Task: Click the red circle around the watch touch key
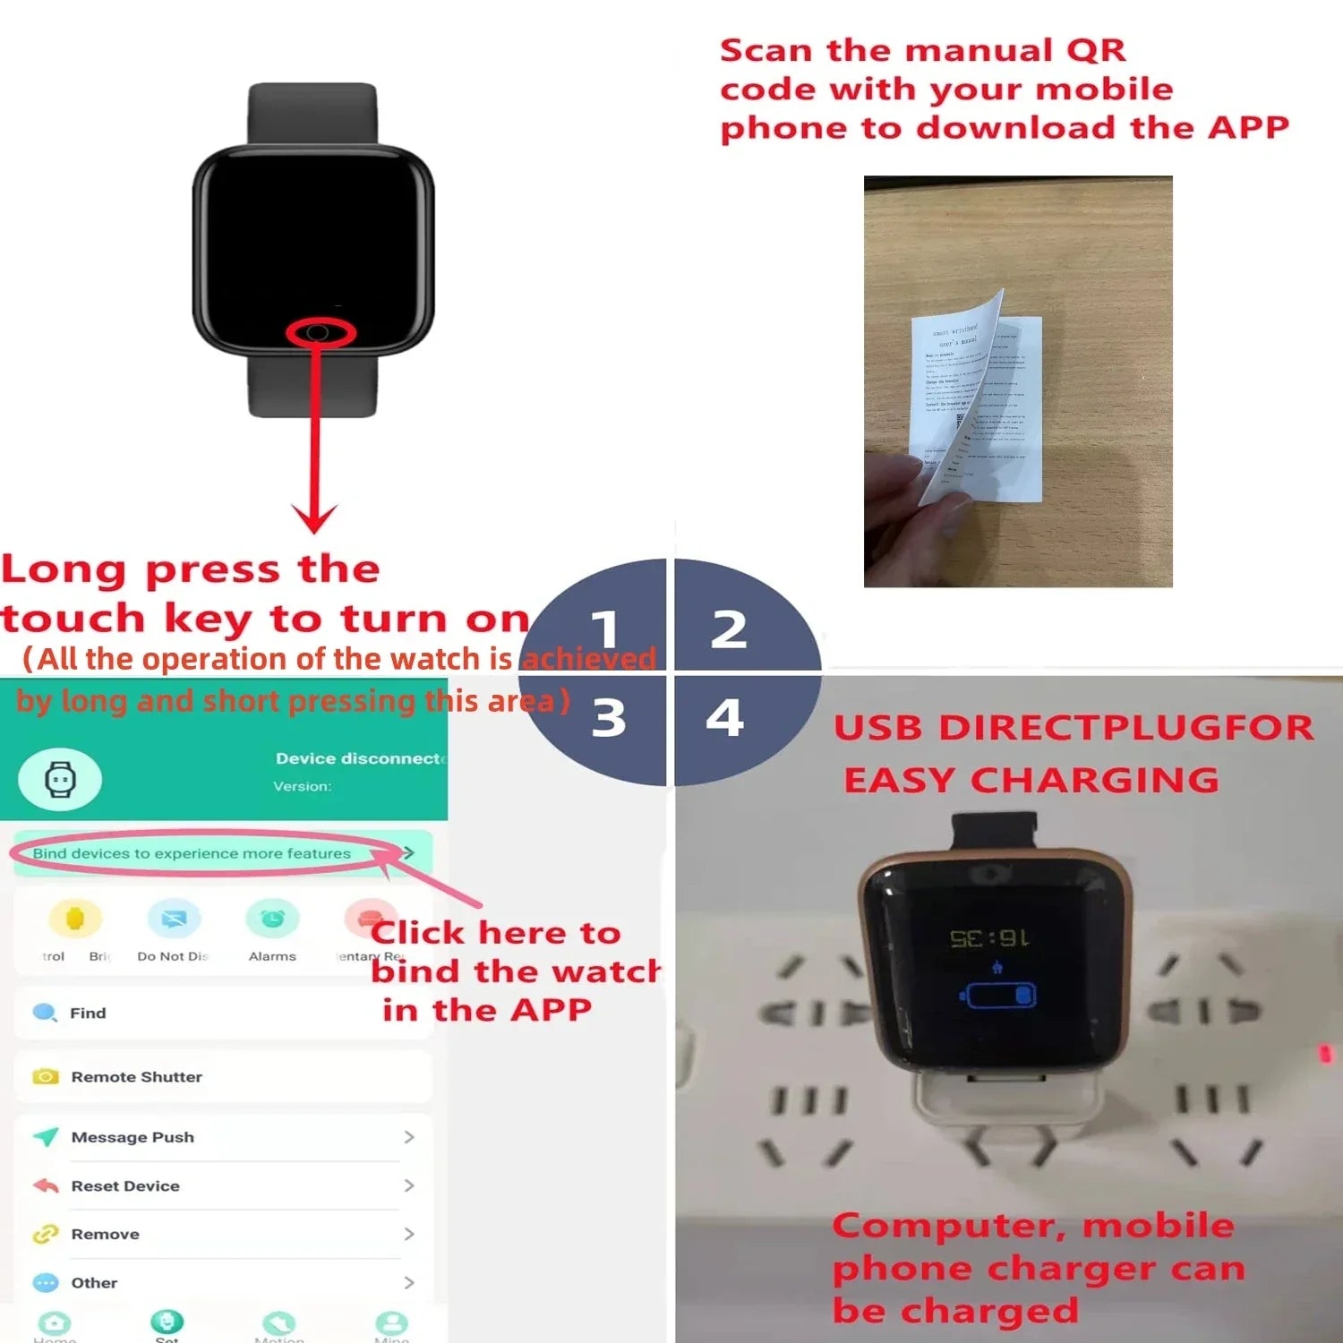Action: pyautogui.click(x=320, y=333)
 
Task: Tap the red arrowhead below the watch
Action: pyautogui.click(x=315, y=518)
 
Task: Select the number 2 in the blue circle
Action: pyautogui.click(x=729, y=629)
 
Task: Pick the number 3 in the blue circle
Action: pyautogui.click(x=609, y=718)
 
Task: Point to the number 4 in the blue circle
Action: pyautogui.click(x=725, y=717)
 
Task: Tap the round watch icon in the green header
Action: pyautogui.click(x=60, y=779)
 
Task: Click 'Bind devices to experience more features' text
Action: pyautogui.click(x=192, y=853)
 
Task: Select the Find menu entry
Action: pyautogui.click(x=88, y=1013)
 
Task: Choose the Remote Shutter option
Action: pyautogui.click(x=136, y=1076)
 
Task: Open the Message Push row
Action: pyautogui.click(x=133, y=1137)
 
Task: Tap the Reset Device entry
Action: pyautogui.click(x=125, y=1185)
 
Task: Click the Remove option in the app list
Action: pyautogui.click(x=105, y=1234)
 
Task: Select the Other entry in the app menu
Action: pyautogui.click(x=94, y=1282)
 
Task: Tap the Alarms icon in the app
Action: pyautogui.click(x=272, y=920)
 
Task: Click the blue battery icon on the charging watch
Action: pyautogui.click(x=998, y=995)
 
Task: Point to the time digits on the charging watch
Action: pyautogui.click(x=989, y=938)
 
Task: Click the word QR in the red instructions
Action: pyautogui.click(x=1096, y=50)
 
